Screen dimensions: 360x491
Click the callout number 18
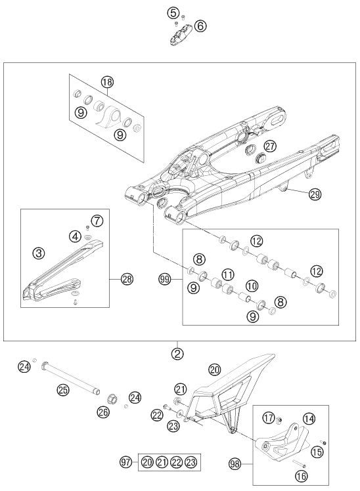107,82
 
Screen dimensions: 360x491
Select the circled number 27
270,146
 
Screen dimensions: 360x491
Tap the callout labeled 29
315,194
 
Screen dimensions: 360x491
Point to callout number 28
127,279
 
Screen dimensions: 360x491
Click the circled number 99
165,279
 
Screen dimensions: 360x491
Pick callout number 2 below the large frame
177,354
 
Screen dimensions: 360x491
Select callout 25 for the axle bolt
62,390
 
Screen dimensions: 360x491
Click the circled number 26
103,412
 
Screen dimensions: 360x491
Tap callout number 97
126,462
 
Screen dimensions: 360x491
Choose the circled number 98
235,463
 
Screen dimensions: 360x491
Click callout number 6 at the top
200,26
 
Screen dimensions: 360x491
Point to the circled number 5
173,13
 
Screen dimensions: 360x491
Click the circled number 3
39,253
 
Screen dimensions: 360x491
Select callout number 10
252,286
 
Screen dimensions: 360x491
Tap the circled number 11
229,274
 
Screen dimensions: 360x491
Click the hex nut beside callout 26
112,399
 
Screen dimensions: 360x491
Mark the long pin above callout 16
299,463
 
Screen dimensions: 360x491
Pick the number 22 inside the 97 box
177,462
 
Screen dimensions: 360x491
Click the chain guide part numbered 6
181,34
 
